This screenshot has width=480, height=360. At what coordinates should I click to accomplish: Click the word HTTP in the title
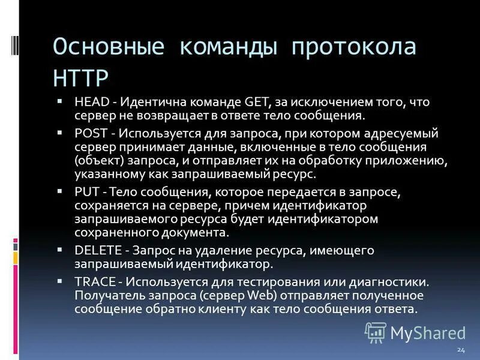tap(81, 78)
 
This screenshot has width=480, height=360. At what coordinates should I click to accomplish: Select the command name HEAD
tap(91, 103)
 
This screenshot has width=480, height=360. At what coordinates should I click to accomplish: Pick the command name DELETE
tap(95, 250)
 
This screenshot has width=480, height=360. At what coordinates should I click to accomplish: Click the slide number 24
tap(460, 349)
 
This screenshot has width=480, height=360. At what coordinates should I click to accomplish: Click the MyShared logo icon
tap(376, 332)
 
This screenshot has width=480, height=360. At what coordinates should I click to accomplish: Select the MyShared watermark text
tap(428, 332)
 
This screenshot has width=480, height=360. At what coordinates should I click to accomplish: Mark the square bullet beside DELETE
tap(59, 248)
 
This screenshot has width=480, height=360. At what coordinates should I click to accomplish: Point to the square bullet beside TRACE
tap(59, 280)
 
